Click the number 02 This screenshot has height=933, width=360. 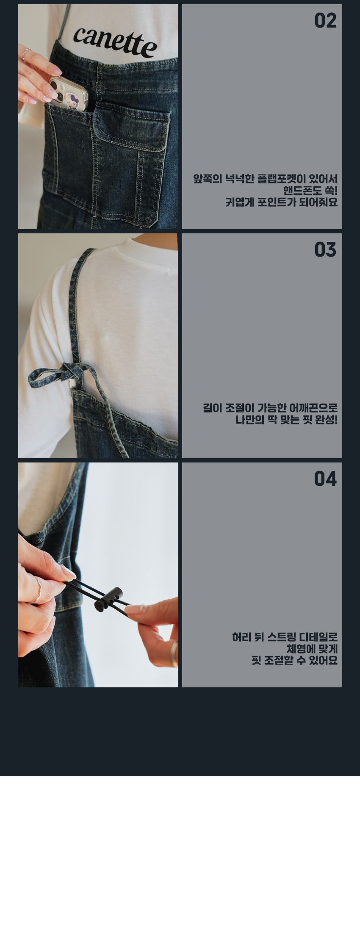[x=325, y=21]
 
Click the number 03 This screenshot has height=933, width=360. [x=325, y=250]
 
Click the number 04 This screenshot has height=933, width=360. [x=325, y=479]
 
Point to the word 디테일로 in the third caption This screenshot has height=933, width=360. [x=318, y=637]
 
